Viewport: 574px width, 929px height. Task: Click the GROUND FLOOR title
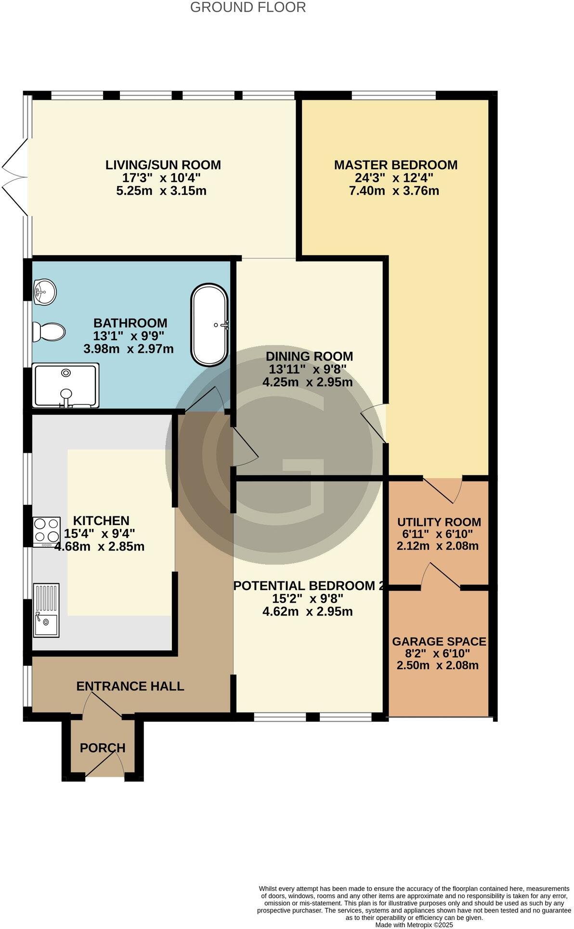(x=248, y=8)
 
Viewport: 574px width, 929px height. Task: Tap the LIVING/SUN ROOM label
(x=163, y=165)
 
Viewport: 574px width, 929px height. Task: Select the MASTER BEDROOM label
(x=396, y=165)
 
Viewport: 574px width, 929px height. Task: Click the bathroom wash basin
(x=45, y=292)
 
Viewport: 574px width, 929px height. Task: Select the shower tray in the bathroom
(x=66, y=386)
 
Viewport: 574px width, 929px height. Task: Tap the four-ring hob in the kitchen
(x=47, y=531)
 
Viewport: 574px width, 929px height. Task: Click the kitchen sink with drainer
(x=46, y=610)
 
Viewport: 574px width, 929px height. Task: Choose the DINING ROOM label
(x=310, y=357)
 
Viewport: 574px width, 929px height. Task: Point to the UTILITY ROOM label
(x=439, y=522)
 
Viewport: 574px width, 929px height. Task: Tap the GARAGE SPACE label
(x=439, y=642)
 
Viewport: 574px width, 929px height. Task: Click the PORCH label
(x=103, y=748)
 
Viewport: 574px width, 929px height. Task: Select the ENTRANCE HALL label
(x=130, y=686)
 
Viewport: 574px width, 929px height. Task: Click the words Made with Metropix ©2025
(x=414, y=925)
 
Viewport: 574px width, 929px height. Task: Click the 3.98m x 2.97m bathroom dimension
(x=129, y=349)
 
